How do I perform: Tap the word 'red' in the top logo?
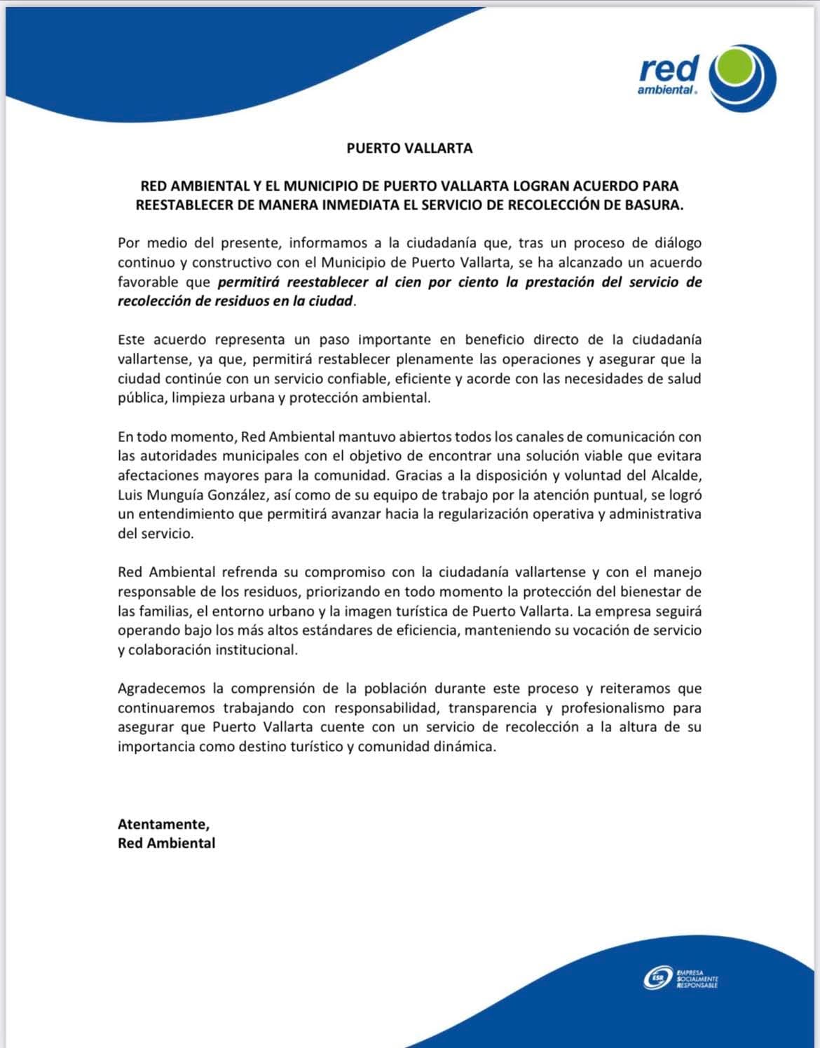coord(669,69)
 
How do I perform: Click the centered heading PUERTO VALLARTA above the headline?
coord(410,149)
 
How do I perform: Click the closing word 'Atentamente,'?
coord(163,825)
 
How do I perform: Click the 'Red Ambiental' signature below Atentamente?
coord(166,843)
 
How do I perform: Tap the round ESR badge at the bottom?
coord(657,979)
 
